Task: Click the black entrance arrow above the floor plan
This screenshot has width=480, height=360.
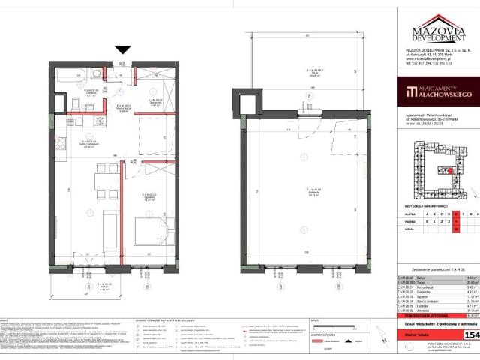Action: [x=123, y=50]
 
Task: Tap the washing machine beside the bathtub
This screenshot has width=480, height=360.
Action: [x=98, y=73]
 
